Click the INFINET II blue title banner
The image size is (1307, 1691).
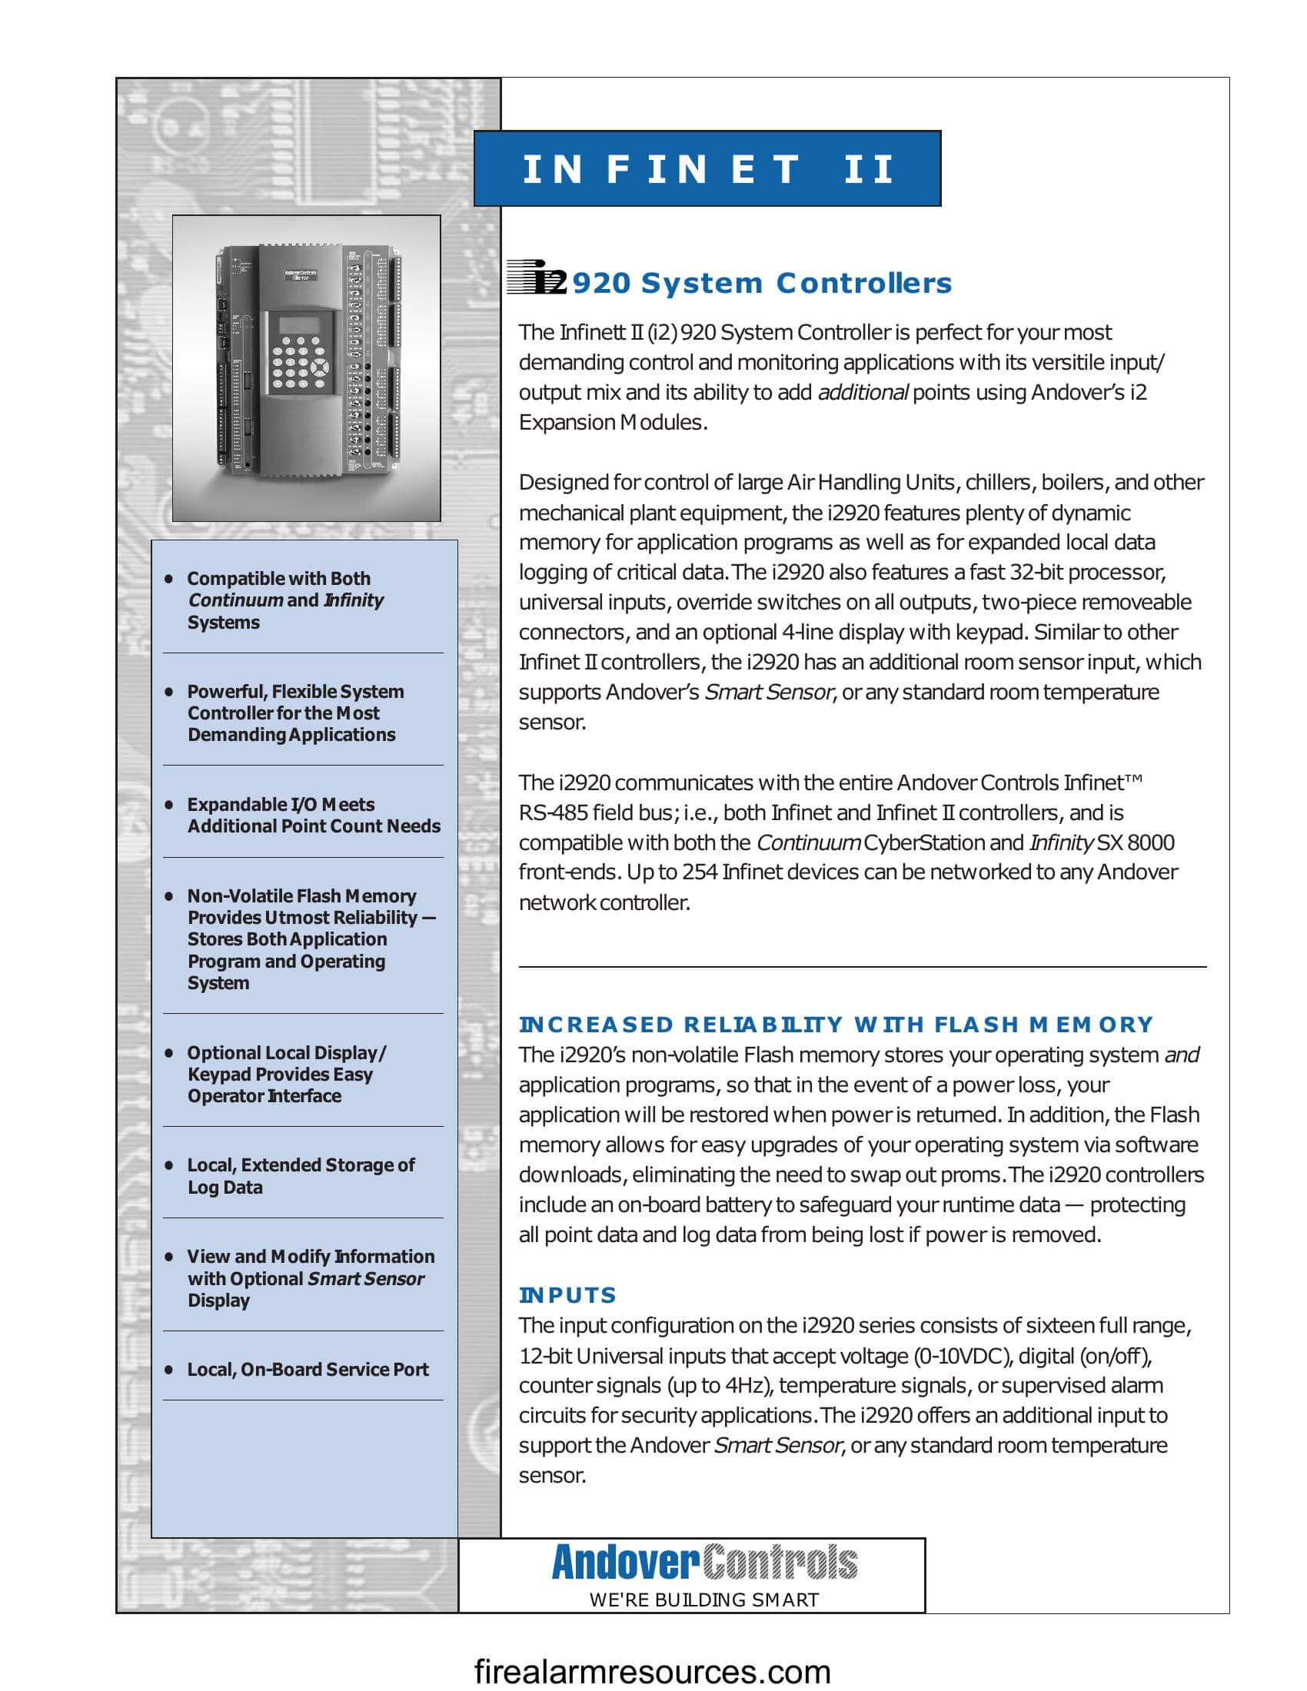pyautogui.click(x=707, y=168)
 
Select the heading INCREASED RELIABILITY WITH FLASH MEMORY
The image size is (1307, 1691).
pyautogui.click(x=836, y=1025)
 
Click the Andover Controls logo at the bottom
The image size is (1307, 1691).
pyautogui.click(x=703, y=1562)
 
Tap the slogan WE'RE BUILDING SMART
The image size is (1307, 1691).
pyautogui.click(x=703, y=1600)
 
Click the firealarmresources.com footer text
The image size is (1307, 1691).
pyautogui.click(x=652, y=1672)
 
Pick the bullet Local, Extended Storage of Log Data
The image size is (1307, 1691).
pyautogui.click(x=301, y=1175)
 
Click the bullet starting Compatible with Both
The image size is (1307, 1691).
pyautogui.click(x=285, y=600)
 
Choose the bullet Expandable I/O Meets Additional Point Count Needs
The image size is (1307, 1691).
pyautogui.click(x=313, y=815)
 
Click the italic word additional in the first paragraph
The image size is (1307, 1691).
pyautogui.click(x=863, y=393)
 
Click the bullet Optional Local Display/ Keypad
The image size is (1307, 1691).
pyautogui.click(x=286, y=1074)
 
